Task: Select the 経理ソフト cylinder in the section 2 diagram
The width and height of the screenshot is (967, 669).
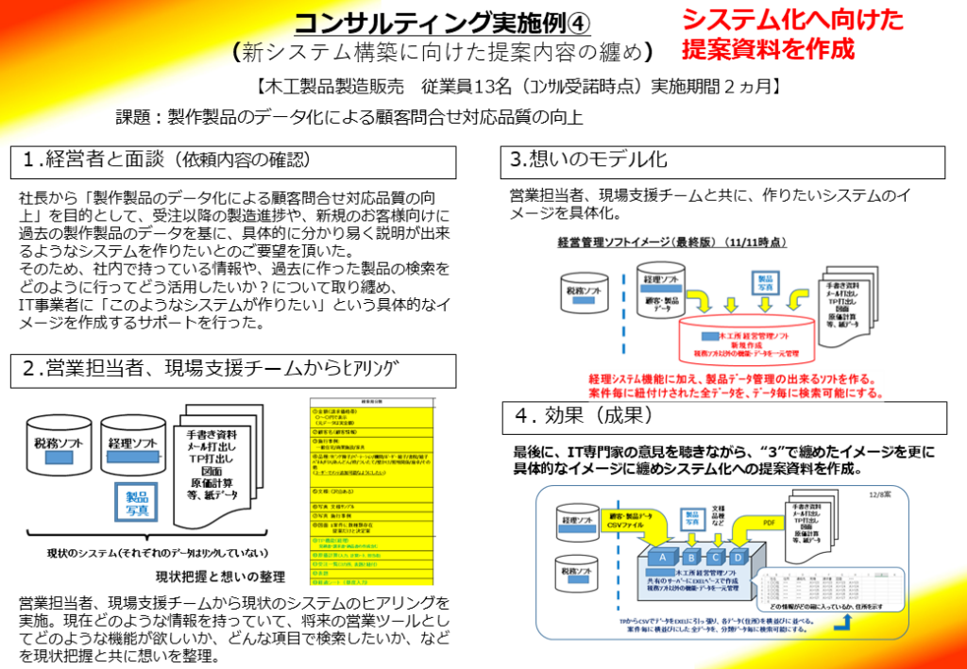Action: pos(131,443)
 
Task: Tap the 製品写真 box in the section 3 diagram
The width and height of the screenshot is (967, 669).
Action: pos(766,282)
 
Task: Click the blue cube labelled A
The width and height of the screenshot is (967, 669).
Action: pos(662,557)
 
